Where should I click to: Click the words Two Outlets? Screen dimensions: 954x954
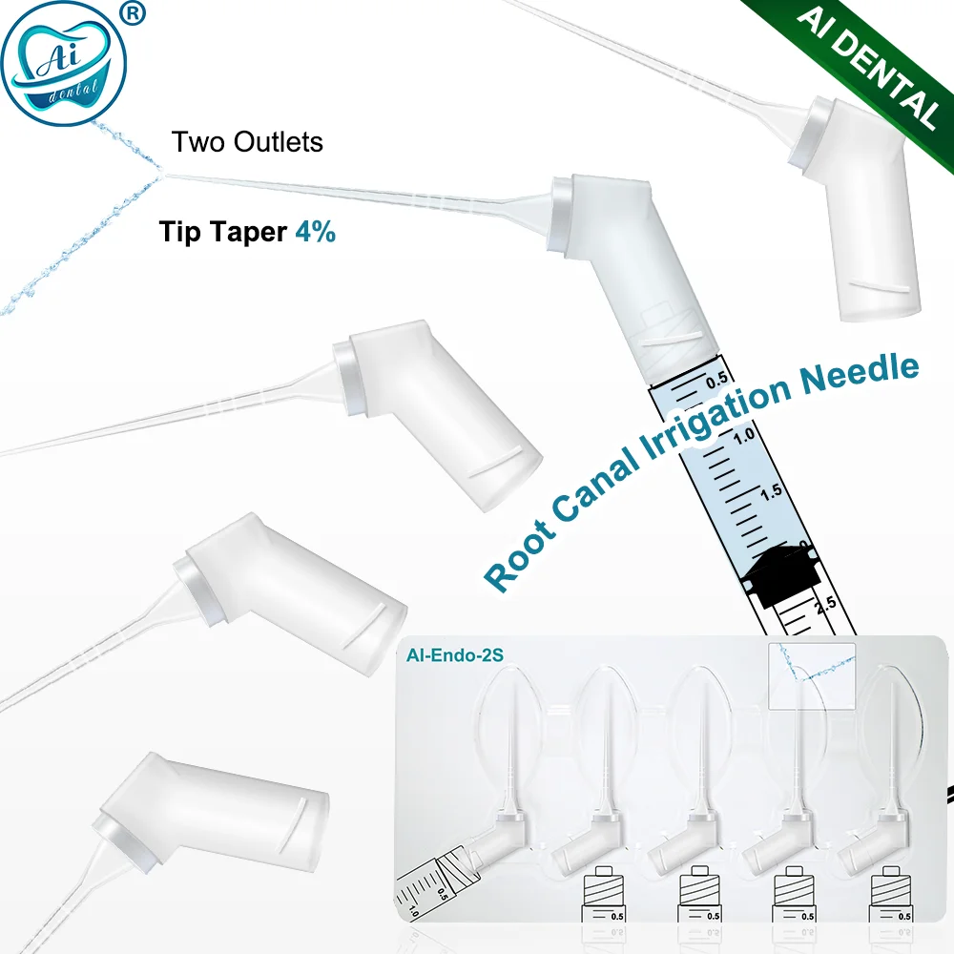pyautogui.click(x=247, y=143)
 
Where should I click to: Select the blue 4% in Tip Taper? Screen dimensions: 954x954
pyautogui.click(x=315, y=232)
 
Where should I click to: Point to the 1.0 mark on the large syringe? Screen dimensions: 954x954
pyautogui.click(x=744, y=434)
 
